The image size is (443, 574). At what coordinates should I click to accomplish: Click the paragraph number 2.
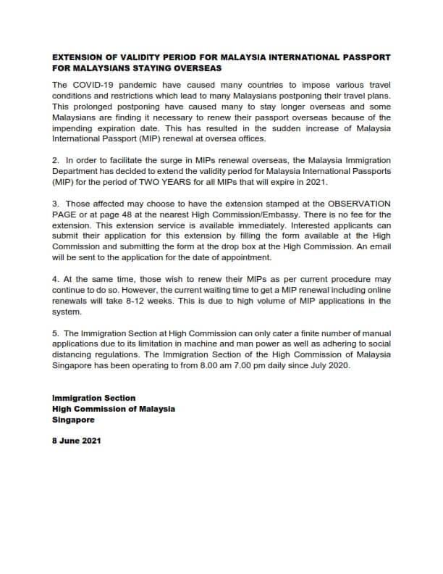pos(56,159)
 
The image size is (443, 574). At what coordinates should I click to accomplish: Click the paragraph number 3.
pos(56,205)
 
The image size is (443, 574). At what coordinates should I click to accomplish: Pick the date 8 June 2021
pos(77,440)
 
